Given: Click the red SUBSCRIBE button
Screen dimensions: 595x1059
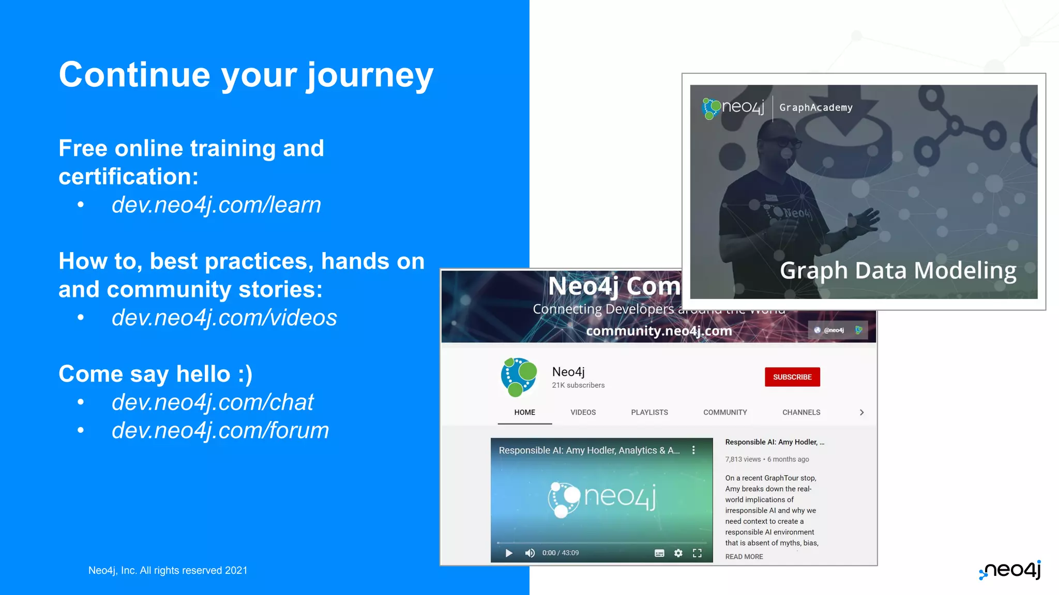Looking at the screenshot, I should (792, 377).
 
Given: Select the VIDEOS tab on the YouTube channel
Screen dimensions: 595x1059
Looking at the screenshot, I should (583, 412).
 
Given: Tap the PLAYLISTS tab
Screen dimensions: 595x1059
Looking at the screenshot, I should (649, 412).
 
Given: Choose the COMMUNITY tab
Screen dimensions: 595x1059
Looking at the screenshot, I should (725, 412).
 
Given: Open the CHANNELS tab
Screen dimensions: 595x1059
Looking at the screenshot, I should (801, 412).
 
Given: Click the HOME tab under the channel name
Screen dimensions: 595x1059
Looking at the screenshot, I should (524, 412).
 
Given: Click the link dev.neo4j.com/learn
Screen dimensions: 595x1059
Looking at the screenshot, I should (216, 205).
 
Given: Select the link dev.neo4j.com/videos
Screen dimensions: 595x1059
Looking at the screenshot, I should (224, 318).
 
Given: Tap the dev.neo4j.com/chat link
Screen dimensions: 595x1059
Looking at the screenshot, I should (213, 402).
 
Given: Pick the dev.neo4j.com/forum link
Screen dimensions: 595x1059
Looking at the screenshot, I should (220, 431).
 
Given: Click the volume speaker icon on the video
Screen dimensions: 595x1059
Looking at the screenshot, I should (529, 553).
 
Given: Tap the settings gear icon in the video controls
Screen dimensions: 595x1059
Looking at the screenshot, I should (678, 553).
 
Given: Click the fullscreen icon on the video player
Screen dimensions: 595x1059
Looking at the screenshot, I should (697, 553).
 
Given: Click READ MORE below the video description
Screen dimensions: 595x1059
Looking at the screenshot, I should (744, 557).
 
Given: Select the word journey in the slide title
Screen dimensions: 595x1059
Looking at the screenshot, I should (370, 75).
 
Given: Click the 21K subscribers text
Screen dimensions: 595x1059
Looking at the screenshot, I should (578, 385).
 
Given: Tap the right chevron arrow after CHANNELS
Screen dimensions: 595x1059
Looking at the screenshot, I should (861, 412).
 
